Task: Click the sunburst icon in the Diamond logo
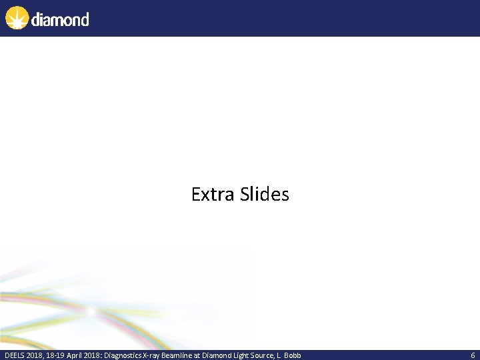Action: coord(17,17)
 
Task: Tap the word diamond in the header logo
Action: coord(59,19)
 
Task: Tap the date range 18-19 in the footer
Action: coord(55,355)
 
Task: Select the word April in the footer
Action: coord(75,355)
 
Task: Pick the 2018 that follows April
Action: coord(92,355)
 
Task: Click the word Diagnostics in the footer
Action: coord(119,355)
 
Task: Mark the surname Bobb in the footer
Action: coord(293,355)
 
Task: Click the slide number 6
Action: coord(473,355)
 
